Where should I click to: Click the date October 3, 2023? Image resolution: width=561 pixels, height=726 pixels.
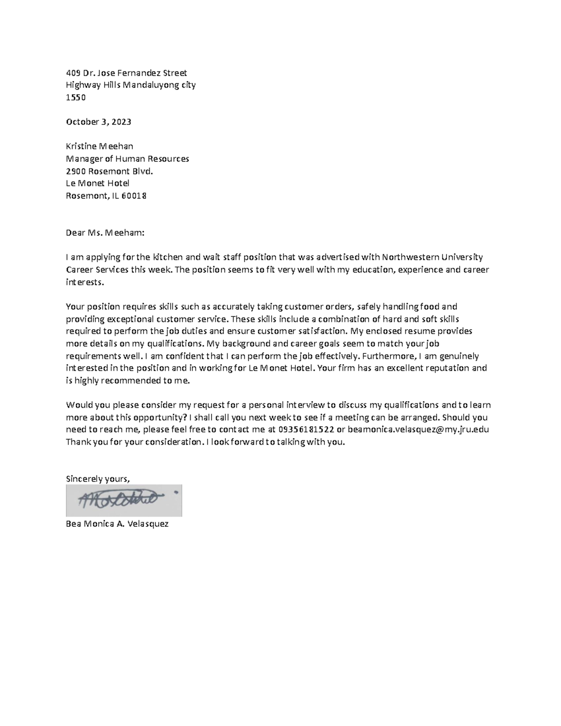98,122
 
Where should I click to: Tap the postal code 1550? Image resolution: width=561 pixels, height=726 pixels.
76,97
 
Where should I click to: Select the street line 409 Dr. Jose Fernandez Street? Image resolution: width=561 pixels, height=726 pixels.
126,73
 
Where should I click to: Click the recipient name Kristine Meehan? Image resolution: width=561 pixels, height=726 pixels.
99,146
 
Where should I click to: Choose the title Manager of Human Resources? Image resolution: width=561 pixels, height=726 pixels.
127,158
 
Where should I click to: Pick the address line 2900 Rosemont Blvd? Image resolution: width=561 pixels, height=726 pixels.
109,171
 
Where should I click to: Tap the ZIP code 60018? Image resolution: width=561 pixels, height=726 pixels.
134,196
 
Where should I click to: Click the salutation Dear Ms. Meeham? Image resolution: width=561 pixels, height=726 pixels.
105,233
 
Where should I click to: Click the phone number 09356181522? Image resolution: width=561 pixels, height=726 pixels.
306,430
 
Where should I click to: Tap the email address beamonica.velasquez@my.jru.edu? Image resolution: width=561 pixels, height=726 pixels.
418,430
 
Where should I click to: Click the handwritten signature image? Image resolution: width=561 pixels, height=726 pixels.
124,500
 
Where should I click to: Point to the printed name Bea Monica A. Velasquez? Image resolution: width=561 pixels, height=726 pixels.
117,524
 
